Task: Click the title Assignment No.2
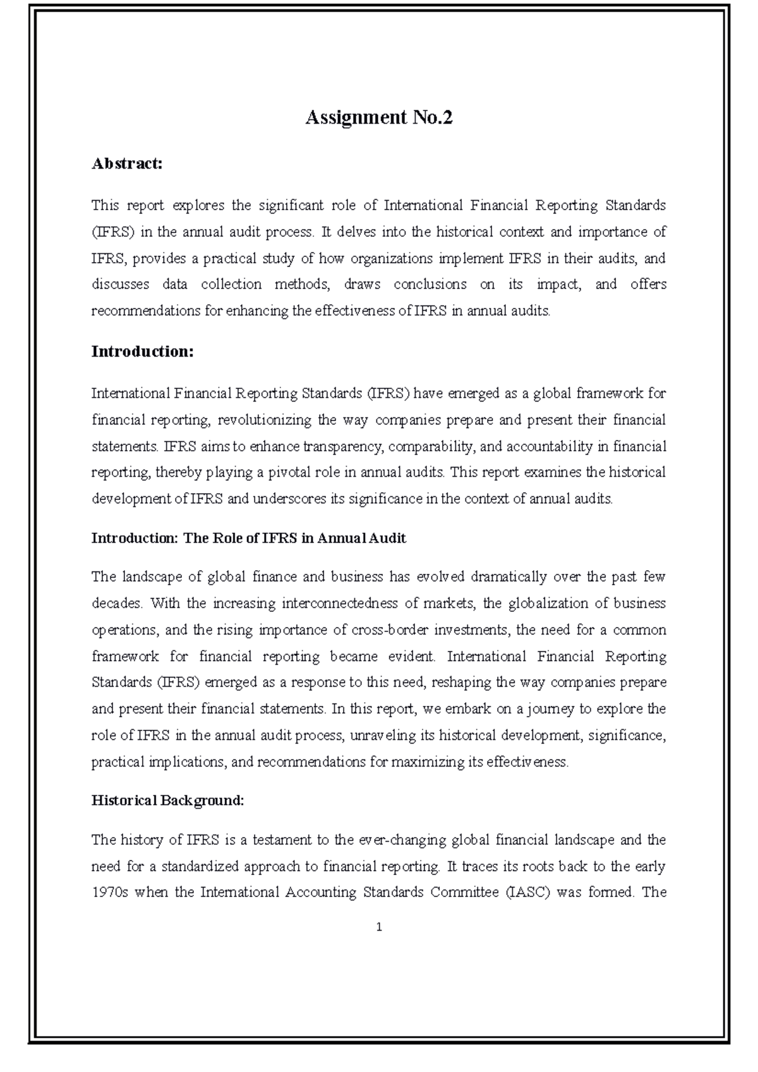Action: click(379, 117)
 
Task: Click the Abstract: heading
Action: click(127, 164)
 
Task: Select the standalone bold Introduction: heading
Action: click(142, 352)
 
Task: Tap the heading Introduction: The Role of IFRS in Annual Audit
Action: click(248, 538)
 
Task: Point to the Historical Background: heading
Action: click(167, 801)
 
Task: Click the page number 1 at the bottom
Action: click(379, 927)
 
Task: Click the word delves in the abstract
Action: click(356, 232)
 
